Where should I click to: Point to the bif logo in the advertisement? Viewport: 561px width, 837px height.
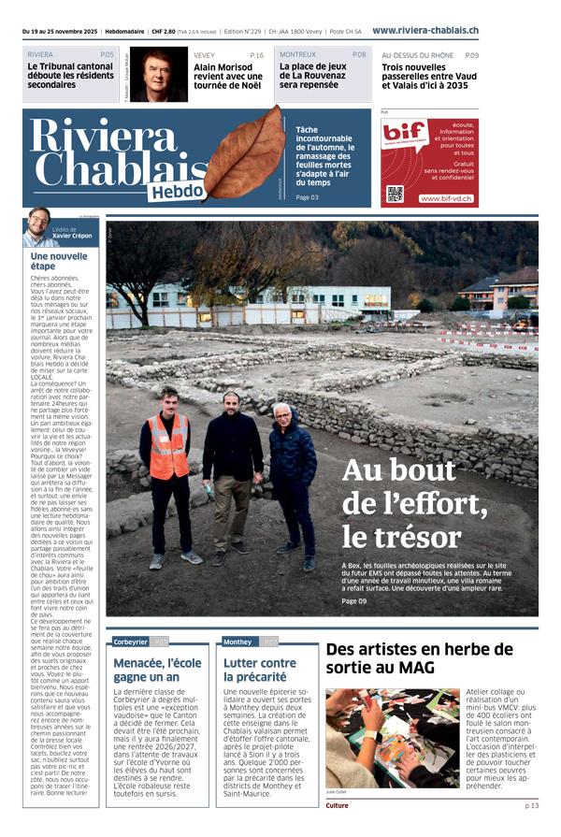(x=405, y=135)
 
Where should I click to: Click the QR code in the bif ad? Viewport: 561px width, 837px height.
(x=395, y=195)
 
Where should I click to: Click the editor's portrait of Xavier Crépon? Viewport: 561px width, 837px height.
(x=37, y=228)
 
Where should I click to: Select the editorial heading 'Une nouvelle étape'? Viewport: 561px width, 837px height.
(x=58, y=260)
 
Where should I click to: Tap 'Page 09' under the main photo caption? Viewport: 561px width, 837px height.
(x=354, y=601)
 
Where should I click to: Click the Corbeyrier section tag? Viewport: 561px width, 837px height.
(x=130, y=642)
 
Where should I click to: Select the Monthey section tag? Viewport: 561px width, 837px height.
(x=237, y=642)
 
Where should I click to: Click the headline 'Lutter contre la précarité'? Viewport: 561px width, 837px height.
(x=259, y=670)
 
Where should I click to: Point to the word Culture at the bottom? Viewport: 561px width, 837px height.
(x=338, y=805)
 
